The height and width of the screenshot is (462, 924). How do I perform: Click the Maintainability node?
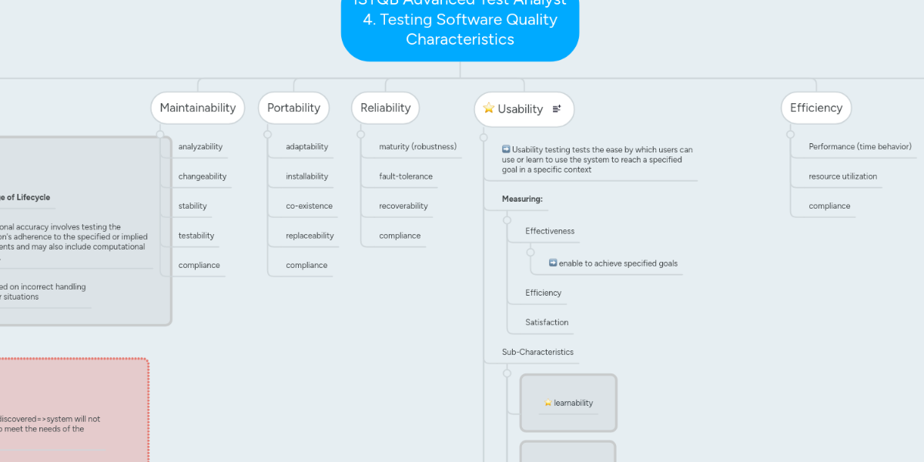[x=198, y=108]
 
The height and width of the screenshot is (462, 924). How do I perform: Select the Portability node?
[x=293, y=108]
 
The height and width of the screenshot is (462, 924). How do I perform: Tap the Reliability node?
[x=385, y=108]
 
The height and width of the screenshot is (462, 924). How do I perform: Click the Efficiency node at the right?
[x=816, y=108]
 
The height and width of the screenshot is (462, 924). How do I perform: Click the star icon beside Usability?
[x=488, y=109]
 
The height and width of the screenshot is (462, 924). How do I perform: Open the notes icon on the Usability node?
[x=557, y=109]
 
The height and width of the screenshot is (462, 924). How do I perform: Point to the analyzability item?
[x=200, y=146]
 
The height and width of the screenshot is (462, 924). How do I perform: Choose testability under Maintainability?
[x=196, y=236]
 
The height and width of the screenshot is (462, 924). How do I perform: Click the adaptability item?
[x=306, y=146]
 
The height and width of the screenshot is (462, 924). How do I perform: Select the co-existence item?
[x=309, y=206]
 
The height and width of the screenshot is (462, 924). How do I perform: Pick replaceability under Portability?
[x=310, y=236]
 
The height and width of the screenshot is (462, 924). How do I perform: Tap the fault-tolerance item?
[x=406, y=176]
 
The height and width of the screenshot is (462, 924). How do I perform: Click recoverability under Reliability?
[x=403, y=206]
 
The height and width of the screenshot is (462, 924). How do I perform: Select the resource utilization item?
[x=842, y=176]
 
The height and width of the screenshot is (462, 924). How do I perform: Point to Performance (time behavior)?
[x=860, y=146]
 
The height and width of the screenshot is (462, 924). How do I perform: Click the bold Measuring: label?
[x=522, y=199]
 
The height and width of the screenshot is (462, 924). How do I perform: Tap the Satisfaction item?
[x=547, y=322]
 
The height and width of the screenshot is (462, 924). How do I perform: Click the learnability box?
[x=569, y=403]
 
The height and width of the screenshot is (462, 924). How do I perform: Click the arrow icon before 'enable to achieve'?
[x=553, y=263]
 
